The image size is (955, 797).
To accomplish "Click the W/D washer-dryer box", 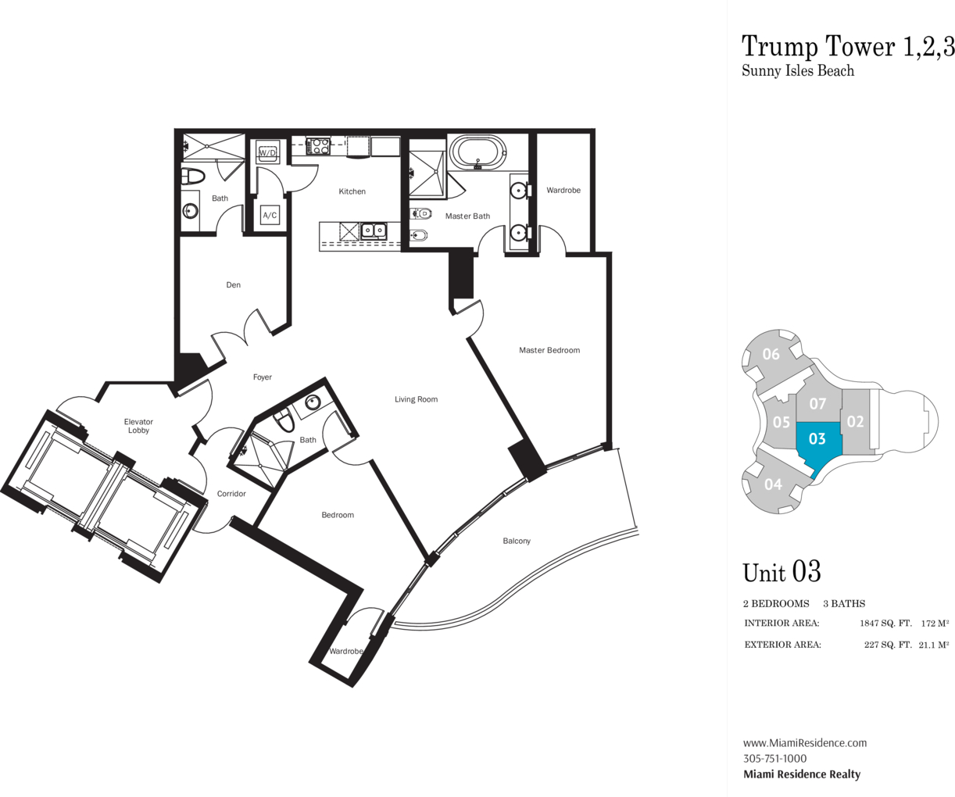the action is pos(267,152).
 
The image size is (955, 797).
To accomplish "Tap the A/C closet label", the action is pos(270,215).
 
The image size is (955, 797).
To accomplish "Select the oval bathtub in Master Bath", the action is pos(478,152).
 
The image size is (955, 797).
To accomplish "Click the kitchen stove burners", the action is pos(318,146).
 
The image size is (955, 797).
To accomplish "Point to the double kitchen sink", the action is pos(374,231).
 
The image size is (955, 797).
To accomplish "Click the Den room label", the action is pos(233,285).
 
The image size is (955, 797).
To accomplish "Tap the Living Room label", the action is pos(417,399).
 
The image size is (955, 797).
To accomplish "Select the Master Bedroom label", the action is pos(549,350).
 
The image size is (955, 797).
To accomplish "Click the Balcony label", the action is pos(517,541).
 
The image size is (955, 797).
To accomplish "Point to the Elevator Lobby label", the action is pos(138,426).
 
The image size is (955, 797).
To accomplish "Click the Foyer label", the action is pos(263,377).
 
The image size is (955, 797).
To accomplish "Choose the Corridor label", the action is pos(231,494).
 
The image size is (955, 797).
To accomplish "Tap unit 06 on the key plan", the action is pos(771,355).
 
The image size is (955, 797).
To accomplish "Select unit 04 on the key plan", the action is pos(773,484).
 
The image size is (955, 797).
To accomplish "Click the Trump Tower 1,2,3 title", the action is pos(848,47).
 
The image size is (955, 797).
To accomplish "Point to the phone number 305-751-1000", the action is pos(774,759).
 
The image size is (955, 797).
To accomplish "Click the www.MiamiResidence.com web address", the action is pos(805,743).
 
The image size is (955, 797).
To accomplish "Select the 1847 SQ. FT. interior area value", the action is pos(885,624).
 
